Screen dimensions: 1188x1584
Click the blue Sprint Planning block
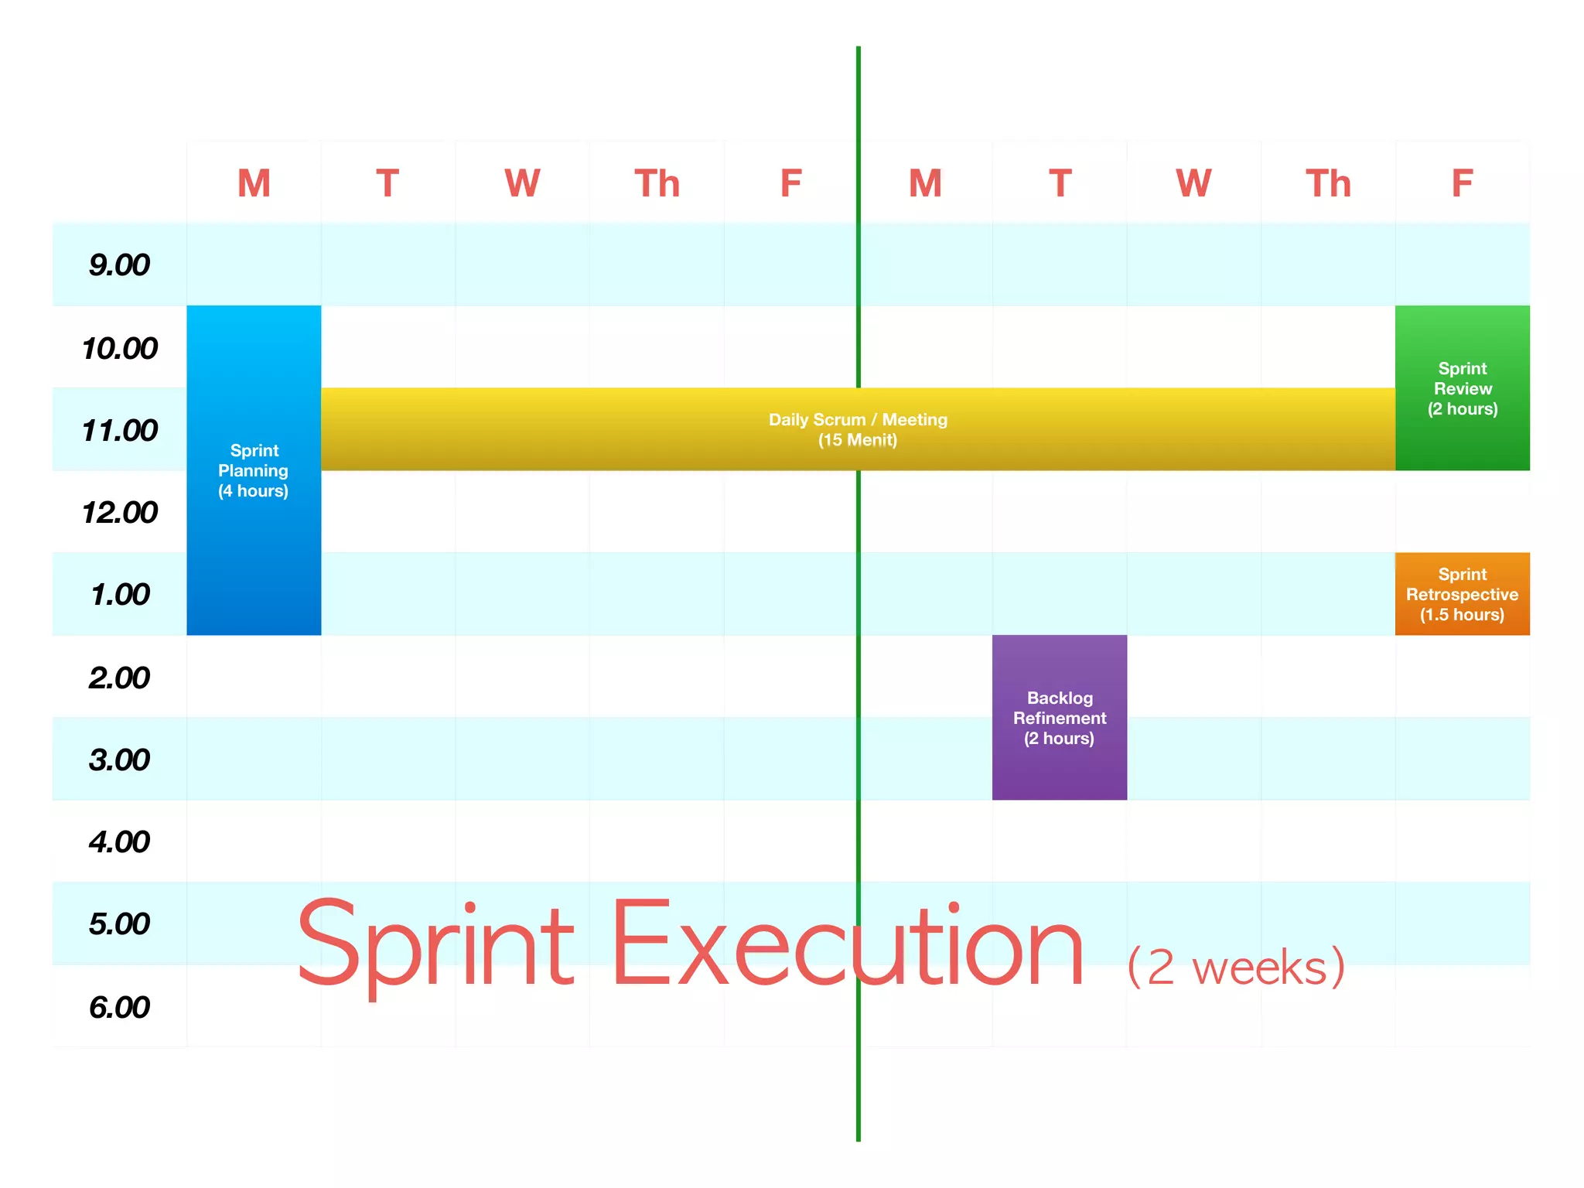[254, 541]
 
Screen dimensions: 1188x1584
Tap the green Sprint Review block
[1462, 433]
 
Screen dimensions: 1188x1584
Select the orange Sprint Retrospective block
[1462, 593]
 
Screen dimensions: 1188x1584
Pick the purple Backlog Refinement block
[1059, 766]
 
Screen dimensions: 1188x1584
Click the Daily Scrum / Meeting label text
[857, 420]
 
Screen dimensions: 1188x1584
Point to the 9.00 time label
[119, 265]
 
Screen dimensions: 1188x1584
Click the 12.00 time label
[119, 512]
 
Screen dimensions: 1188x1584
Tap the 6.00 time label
[119, 1007]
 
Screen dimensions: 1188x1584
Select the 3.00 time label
[119, 760]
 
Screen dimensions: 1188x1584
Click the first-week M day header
[254, 184]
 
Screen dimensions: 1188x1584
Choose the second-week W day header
[1193, 184]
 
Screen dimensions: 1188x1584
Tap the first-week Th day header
[657, 184]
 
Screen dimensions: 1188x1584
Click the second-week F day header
[1462, 184]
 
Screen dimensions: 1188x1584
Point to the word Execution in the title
[847, 945]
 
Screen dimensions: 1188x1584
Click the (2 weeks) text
[1236, 967]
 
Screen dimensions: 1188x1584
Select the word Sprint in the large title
[435, 945]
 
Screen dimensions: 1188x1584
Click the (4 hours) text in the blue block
[253, 491]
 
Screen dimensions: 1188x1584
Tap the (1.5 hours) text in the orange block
[1462, 615]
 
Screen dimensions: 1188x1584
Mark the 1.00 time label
[119, 595]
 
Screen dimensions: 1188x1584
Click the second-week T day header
[1060, 184]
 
